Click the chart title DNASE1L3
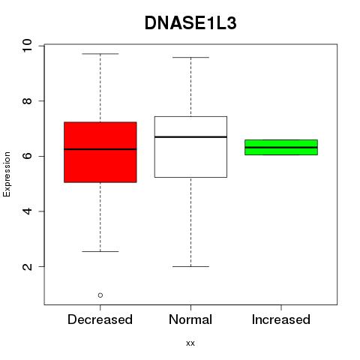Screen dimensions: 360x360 coord(190,23)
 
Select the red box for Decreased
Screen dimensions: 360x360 coord(100,152)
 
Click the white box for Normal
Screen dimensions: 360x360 coord(190,147)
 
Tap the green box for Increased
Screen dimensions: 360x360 coord(281,147)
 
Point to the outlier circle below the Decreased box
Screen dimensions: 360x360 coord(100,295)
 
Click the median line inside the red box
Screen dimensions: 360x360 coord(100,149)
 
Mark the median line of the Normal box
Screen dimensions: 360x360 coord(190,137)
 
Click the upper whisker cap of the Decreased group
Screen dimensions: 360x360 coord(100,54)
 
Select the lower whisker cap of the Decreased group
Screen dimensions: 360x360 coord(100,251)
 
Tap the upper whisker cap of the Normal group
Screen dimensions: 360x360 coord(190,58)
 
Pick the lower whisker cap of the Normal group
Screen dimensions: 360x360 coord(190,266)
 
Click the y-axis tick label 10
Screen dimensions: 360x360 coord(27,46)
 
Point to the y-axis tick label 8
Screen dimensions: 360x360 coord(27,101)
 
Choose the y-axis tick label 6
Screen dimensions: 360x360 coord(27,156)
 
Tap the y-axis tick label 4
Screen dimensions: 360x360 coord(27,211)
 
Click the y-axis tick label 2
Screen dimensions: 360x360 coord(27,267)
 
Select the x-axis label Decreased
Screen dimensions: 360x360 coord(100,319)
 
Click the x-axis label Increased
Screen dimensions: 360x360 coord(281,319)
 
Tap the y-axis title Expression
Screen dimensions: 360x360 coord(7,174)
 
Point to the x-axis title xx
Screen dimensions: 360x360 coord(190,343)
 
